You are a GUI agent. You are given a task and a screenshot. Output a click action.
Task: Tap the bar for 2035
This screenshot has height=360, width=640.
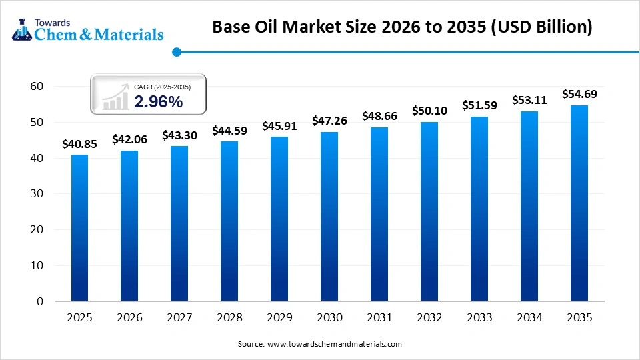point(579,203)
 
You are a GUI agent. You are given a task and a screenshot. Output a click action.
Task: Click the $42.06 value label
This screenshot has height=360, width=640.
point(129,139)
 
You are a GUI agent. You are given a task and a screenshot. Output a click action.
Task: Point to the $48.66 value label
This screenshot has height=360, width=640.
point(379,115)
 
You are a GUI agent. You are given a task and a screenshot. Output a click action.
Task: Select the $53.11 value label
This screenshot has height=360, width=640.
point(529,100)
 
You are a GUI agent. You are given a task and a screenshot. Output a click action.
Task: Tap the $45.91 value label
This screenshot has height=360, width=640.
point(279,125)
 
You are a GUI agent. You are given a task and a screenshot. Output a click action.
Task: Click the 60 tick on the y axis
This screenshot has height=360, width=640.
point(37,86)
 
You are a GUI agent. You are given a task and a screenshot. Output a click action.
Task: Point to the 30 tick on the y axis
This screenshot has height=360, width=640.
point(37,194)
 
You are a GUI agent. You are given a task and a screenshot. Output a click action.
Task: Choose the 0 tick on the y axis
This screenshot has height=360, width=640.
point(40,301)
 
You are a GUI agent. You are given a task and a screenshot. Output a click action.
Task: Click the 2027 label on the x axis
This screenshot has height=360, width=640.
point(179,318)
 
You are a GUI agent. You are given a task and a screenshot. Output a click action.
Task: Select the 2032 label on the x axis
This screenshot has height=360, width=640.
point(429,318)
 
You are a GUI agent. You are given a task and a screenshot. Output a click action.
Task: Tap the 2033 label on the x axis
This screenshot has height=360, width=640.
point(479,318)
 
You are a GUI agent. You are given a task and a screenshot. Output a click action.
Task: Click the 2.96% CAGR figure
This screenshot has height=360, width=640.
point(158,101)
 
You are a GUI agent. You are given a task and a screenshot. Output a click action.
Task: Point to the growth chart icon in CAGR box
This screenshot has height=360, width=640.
point(115,97)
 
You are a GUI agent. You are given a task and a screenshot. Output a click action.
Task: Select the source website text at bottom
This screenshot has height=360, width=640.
point(320,344)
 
